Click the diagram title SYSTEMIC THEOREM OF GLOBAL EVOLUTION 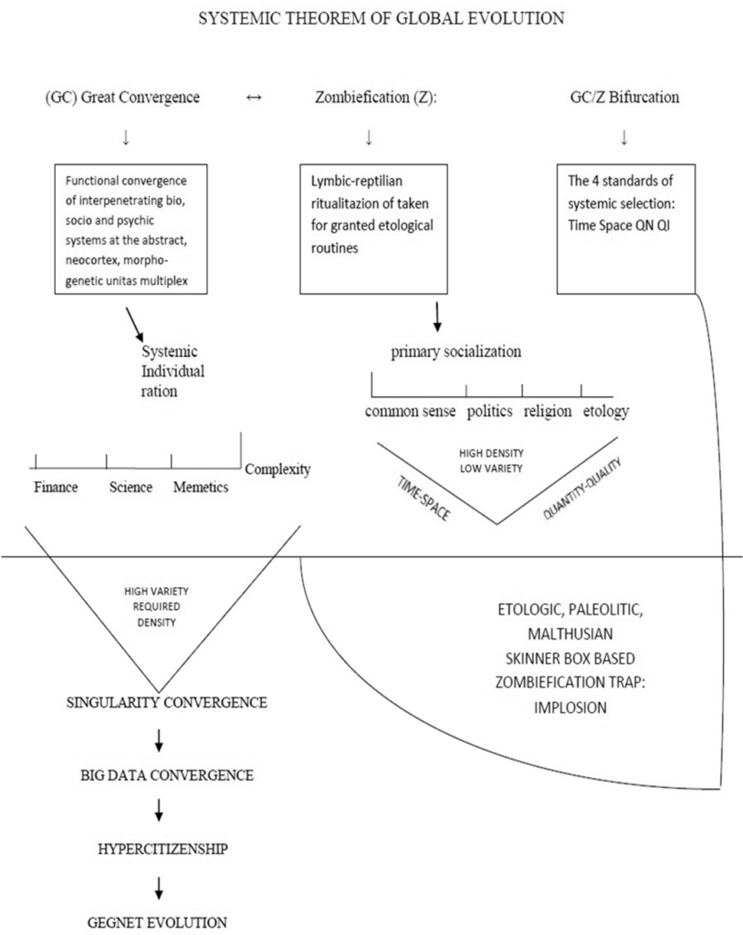click(x=382, y=18)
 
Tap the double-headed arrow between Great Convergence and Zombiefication click(x=254, y=98)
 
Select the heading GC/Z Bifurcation click(x=624, y=97)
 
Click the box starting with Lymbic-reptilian click(x=373, y=229)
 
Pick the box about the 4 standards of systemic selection click(x=626, y=229)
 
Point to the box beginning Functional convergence click(x=131, y=229)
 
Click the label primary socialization click(x=456, y=352)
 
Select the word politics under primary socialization click(x=489, y=412)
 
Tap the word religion click(x=548, y=412)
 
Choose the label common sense click(x=410, y=412)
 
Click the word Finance click(x=56, y=488)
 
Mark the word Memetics click(x=201, y=488)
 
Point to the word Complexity click(x=277, y=470)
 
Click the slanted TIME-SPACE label click(x=424, y=499)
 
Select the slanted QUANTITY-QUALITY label click(x=582, y=488)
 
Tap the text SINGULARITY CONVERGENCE click(x=166, y=702)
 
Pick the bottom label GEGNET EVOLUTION click(x=157, y=922)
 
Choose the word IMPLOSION click(x=570, y=708)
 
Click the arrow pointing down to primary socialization click(x=438, y=317)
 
